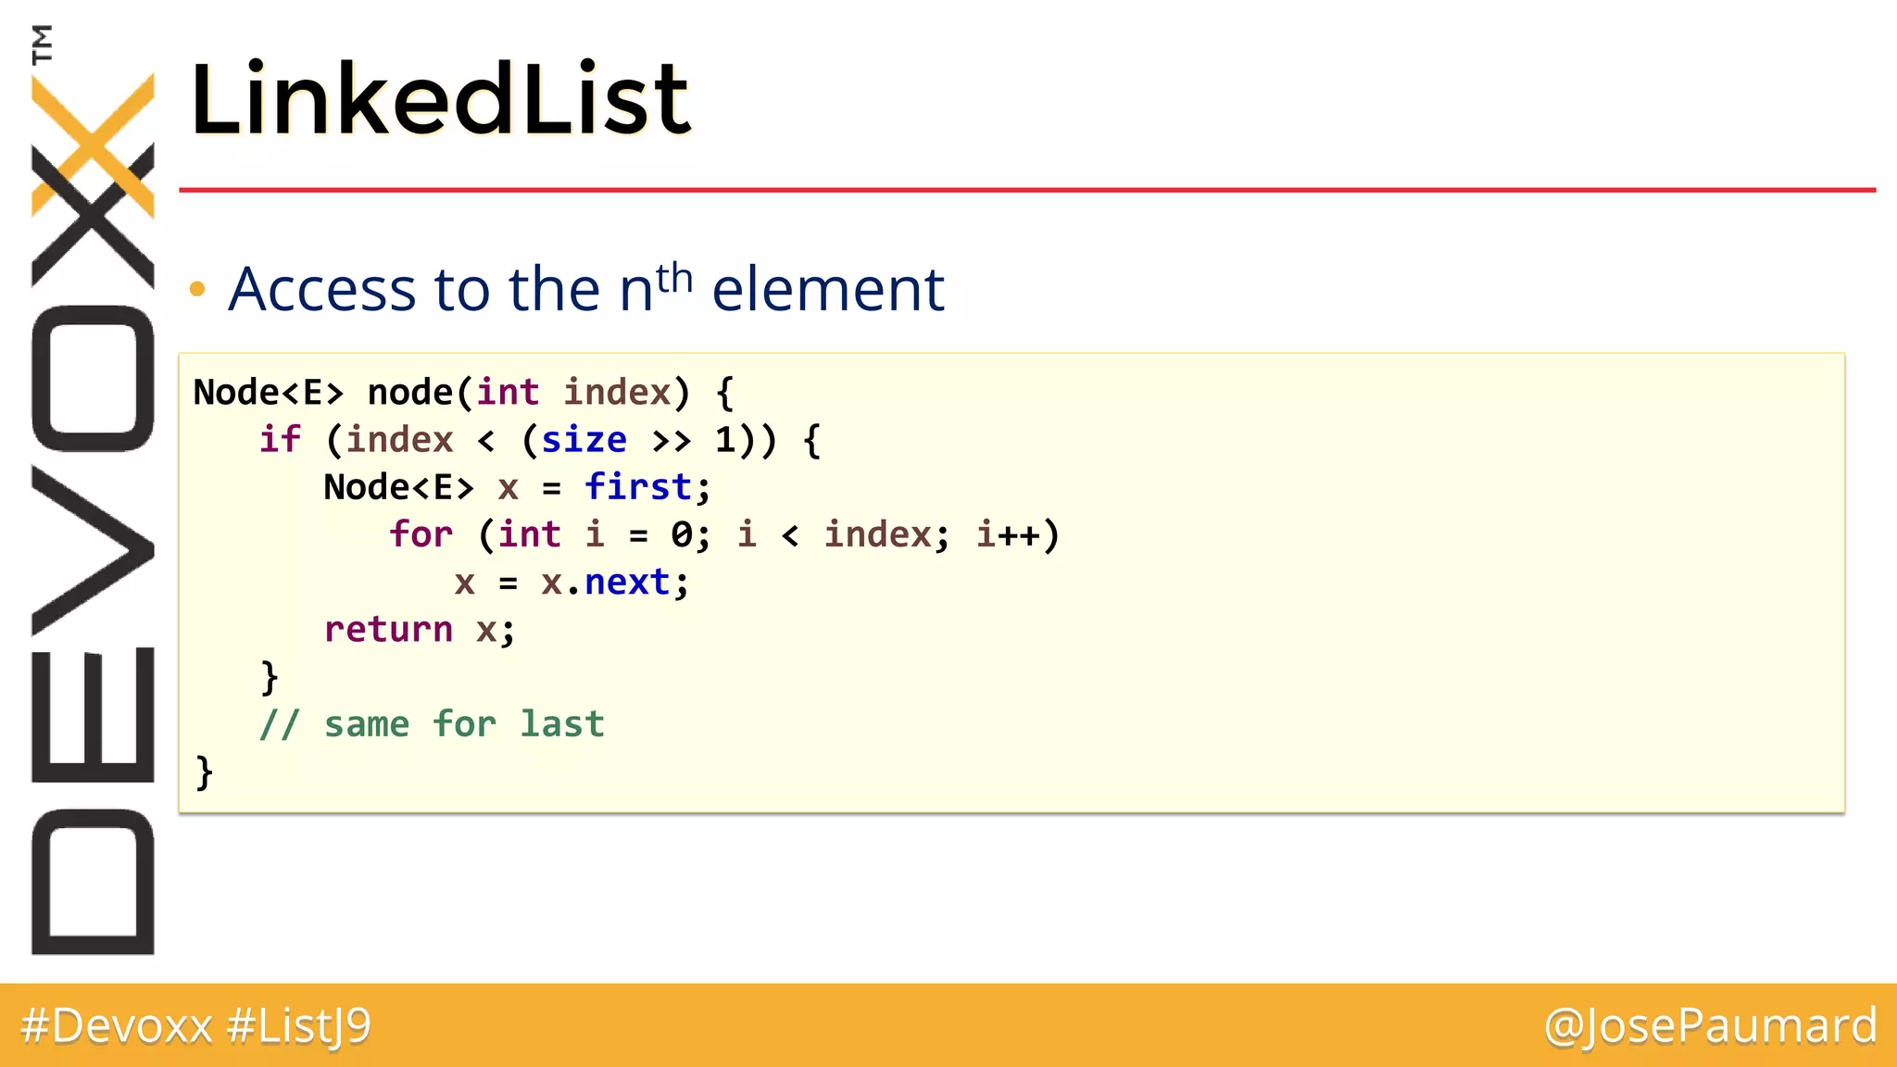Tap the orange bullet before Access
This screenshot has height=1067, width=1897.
coord(196,290)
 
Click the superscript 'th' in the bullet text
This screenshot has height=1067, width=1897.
coord(674,277)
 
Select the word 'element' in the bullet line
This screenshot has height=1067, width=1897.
coord(828,289)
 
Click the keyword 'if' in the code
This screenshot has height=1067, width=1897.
coord(280,439)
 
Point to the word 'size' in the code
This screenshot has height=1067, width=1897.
coord(584,439)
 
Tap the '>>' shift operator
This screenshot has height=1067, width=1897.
coord(671,441)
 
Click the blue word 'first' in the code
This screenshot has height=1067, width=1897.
coord(638,486)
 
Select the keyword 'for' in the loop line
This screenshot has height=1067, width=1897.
coord(421,534)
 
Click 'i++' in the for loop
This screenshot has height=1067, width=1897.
coord(1009,534)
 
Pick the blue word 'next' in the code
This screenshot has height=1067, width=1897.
coord(627,582)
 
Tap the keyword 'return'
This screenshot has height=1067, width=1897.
coord(388,630)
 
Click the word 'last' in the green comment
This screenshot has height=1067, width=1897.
coord(561,723)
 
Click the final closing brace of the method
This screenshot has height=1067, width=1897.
coord(204,772)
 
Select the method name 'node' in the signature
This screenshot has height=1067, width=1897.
coord(410,392)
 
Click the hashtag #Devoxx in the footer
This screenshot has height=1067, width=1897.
coord(117,1026)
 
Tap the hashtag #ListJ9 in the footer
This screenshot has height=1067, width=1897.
coord(298,1026)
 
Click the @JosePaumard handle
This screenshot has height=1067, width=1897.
coord(1710,1026)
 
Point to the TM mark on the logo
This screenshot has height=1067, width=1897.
coord(42,44)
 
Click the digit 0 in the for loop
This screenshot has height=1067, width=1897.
coord(682,534)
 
